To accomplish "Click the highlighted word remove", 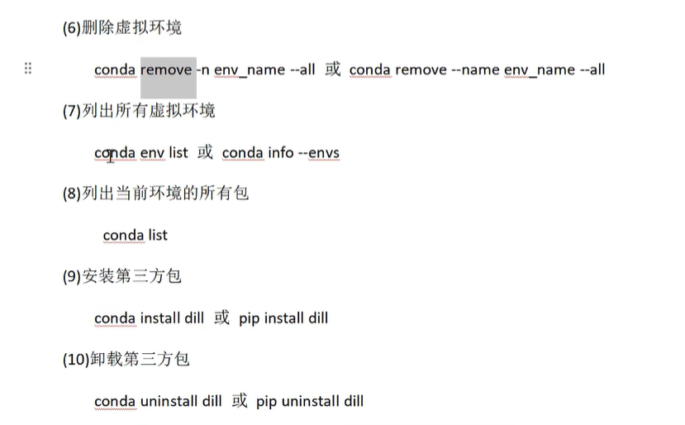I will (x=166, y=69).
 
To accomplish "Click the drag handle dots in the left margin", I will (x=28, y=68).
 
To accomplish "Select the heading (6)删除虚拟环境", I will (x=122, y=27).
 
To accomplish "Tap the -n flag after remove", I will (x=203, y=69).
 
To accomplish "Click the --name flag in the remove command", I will (x=475, y=69).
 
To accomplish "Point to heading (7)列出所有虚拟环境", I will (x=139, y=110).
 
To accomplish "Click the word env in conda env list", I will (x=152, y=152).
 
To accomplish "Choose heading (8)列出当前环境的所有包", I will (x=155, y=193).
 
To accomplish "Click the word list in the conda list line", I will (x=157, y=235).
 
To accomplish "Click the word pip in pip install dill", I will (x=249, y=318).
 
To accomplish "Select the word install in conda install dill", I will (x=160, y=318).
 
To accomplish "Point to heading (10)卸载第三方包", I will (x=126, y=359).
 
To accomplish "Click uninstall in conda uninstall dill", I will (x=169, y=401).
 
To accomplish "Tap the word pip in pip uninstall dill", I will (x=266, y=401).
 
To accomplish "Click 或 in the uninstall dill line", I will (x=240, y=400).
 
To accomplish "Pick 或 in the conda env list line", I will (x=205, y=151).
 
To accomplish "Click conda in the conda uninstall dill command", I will (x=115, y=401).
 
